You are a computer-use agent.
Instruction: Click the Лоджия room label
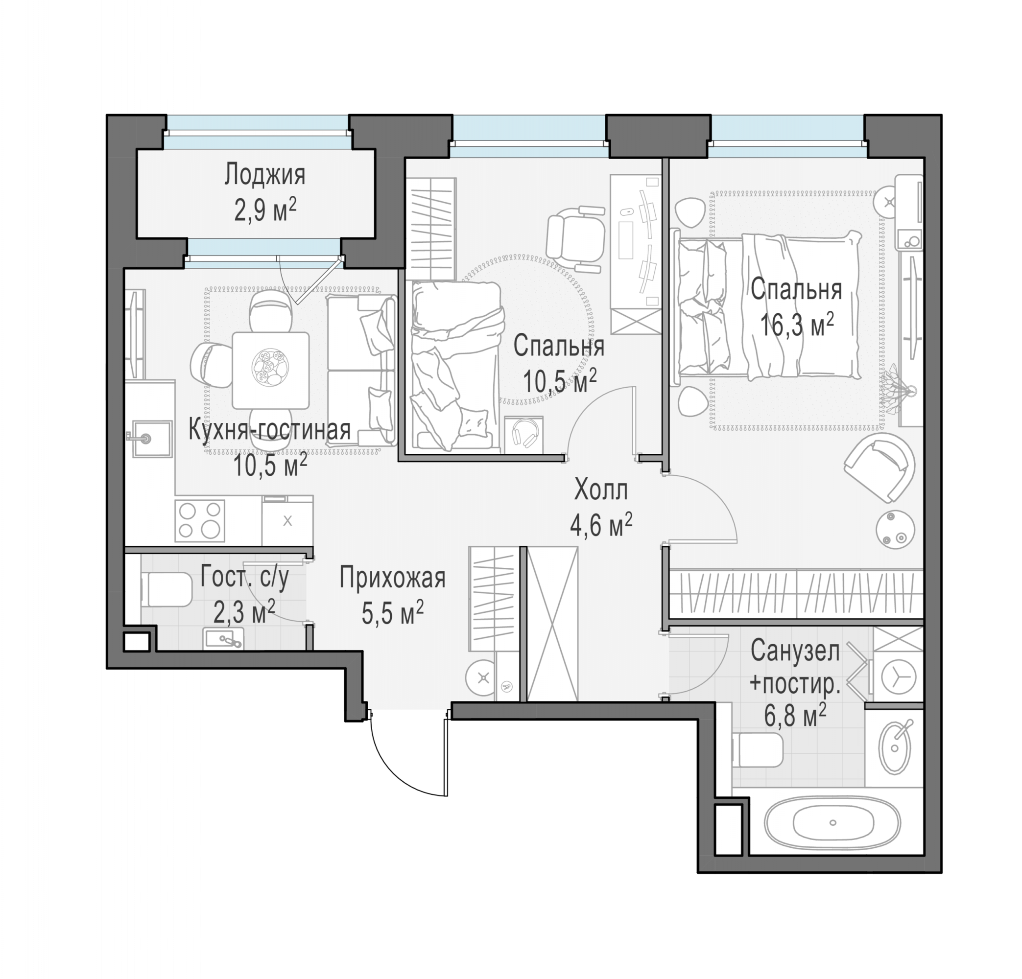point(265,175)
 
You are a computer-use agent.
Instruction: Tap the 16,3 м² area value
point(797,326)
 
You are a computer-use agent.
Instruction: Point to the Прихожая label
point(392,578)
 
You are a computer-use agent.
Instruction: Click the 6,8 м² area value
point(795,715)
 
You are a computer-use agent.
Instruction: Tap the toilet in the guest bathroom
point(166,589)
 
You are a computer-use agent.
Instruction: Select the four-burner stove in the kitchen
point(200,520)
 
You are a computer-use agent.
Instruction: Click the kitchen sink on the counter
point(151,439)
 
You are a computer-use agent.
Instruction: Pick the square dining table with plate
point(271,370)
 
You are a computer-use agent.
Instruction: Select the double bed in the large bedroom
point(767,307)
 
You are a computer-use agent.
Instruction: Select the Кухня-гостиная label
point(269,430)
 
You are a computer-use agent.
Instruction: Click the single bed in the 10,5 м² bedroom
point(457,366)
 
